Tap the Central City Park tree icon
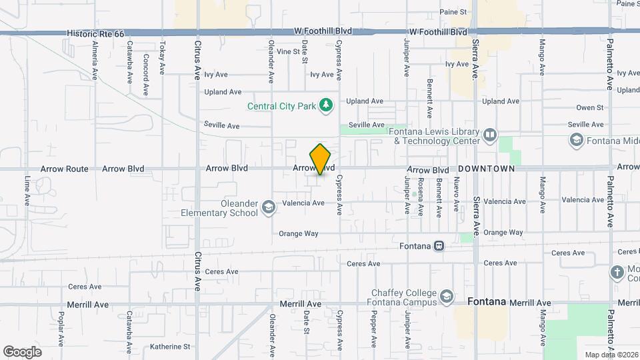tap(325, 105)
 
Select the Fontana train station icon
tap(439, 245)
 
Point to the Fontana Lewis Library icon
tap(490, 136)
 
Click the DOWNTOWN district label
tap(486, 169)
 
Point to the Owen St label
tap(589, 107)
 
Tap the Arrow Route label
tap(64, 169)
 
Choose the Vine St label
tap(289, 51)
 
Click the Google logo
tap(23, 351)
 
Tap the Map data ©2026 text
tap(611, 355)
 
